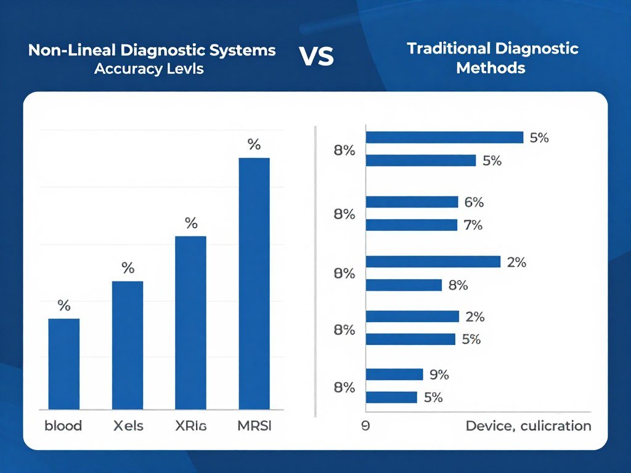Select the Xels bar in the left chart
[x=127, y=345]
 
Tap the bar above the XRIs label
[x=190, y=322]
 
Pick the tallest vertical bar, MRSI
[x=254, y=283]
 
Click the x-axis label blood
[x=63, y=426]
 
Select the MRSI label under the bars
[x=254, y=426]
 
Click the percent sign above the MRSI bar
[x=254, y=145]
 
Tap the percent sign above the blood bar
[x=64, y=305]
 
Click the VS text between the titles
[x=317, y=57]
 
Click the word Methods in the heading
[x=491, y=68]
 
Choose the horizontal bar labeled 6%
[x=412, y=202]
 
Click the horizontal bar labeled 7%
[x=411, y=225]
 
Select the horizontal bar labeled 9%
[x=394, y=374]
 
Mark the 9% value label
[x=439, y=374]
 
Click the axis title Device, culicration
[x=528, y=426]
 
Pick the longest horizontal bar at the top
[x=444, y=137]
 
